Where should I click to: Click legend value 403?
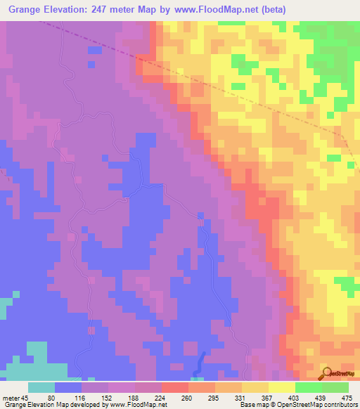pyautogui.click(x=295, y=397)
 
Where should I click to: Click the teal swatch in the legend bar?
pyautogui.click(x=41, y=387)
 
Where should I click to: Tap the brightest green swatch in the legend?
pyautogui.click(x=309, y=387)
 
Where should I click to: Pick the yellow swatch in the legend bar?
pyautogui.click(x=282, y=387)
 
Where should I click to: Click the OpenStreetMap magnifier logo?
pyautogui.click(x=326, y=372)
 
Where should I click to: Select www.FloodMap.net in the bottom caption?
pyautogui.click(x=136, y=405)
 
